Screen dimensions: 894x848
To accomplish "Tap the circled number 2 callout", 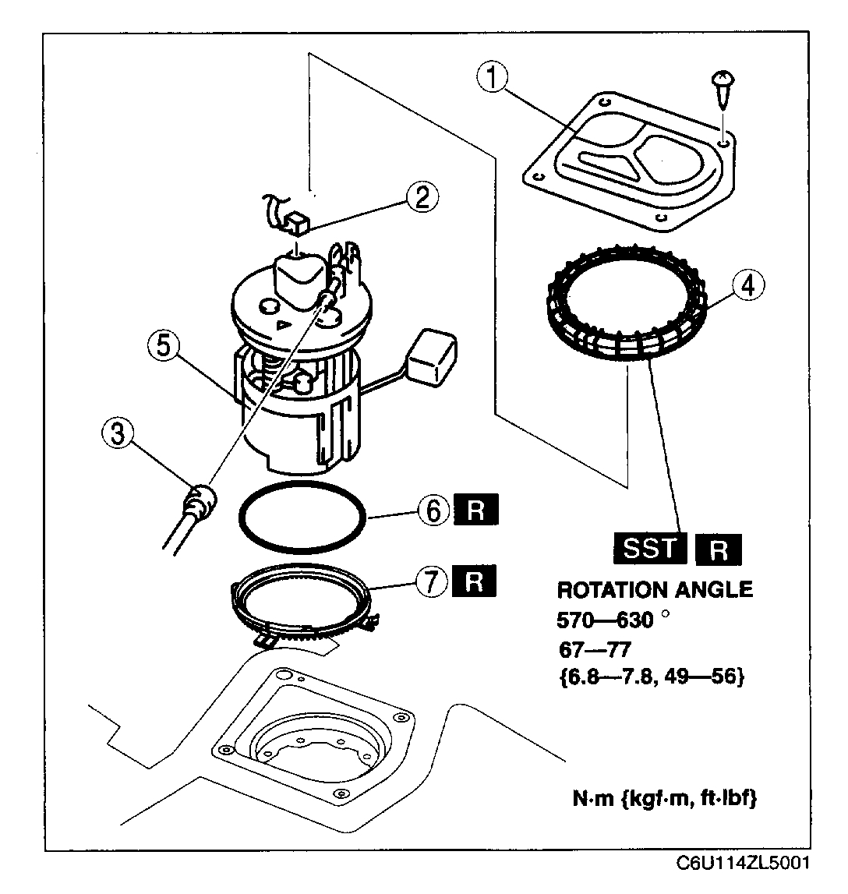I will pos(421,197).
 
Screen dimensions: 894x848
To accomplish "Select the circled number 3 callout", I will pos(118,434).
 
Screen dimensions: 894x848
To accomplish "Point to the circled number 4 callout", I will pos(747,287).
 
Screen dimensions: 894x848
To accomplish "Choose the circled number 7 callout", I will pos(434,581).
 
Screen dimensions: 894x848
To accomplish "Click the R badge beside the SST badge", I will pos(720,549).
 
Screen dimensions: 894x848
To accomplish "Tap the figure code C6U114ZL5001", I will pos(743,863).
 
